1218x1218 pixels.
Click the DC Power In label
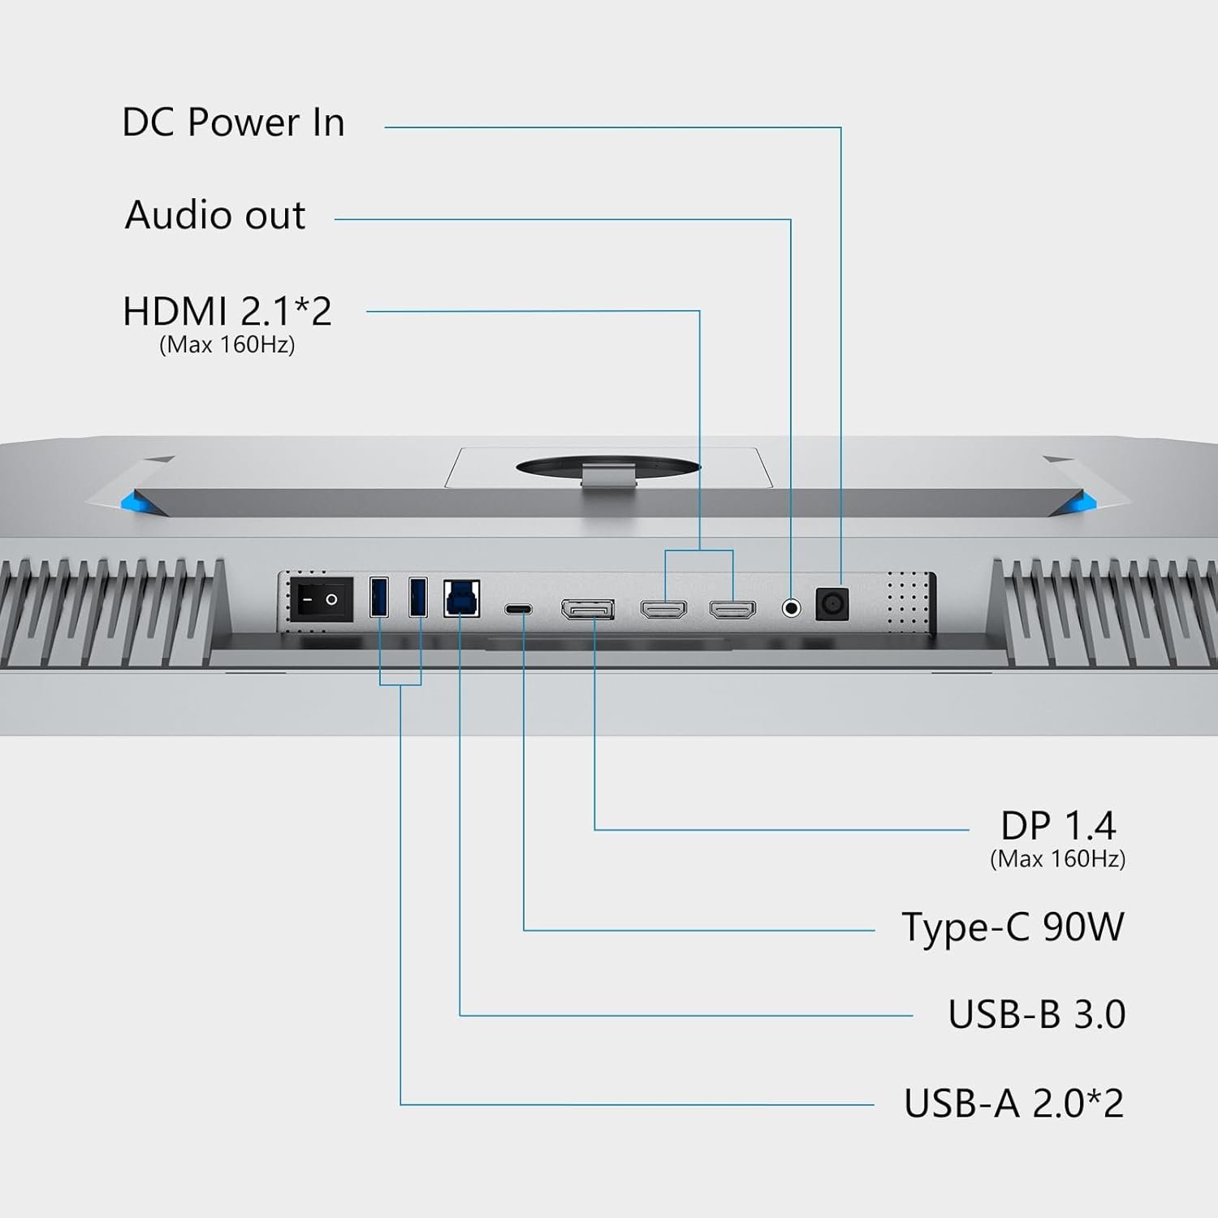point(233,123)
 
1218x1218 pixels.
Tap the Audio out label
point(215,215)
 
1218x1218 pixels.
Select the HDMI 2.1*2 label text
point(227,311)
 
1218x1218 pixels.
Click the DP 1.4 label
point(1058,826)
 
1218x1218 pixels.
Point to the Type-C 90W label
point(1013,926)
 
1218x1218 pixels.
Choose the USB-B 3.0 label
point(1037,1014)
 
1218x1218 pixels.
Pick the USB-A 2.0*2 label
point(1014,1103)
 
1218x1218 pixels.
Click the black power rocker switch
point(322,599)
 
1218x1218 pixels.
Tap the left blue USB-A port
point(378,597)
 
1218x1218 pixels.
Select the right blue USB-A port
point(418,597)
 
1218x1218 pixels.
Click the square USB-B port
point(462,598)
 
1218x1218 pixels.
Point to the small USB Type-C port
point(519,608)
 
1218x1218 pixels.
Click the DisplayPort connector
point(588,608)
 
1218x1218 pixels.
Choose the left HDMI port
point(664,608)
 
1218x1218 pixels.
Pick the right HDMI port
point(732,608)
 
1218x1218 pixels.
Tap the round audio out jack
point(791,607)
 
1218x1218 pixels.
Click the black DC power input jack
point(831,604)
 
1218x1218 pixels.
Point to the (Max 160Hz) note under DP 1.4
point(1058,859)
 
